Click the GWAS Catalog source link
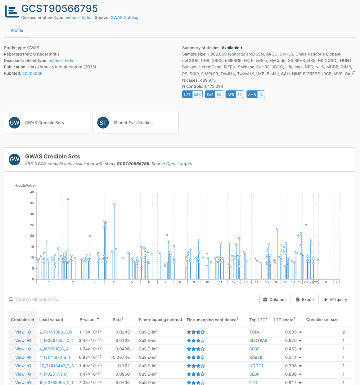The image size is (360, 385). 124,17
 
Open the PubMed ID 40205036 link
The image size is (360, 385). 32,73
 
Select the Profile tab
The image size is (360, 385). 17,30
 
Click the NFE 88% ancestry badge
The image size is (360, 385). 192,94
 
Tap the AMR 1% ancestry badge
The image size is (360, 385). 256,94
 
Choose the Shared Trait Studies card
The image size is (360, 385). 135,122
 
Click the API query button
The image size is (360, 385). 336,299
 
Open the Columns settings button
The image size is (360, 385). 275,299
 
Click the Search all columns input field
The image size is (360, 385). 68,299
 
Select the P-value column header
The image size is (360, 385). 87,319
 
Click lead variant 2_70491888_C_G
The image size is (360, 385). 55,332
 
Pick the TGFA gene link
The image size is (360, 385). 254,332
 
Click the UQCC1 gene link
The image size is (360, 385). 256,366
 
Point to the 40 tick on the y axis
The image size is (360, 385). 32,192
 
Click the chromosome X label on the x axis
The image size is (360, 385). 326,282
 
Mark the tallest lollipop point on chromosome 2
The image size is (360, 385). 68,199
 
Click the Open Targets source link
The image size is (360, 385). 179,164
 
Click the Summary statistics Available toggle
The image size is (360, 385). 232,48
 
